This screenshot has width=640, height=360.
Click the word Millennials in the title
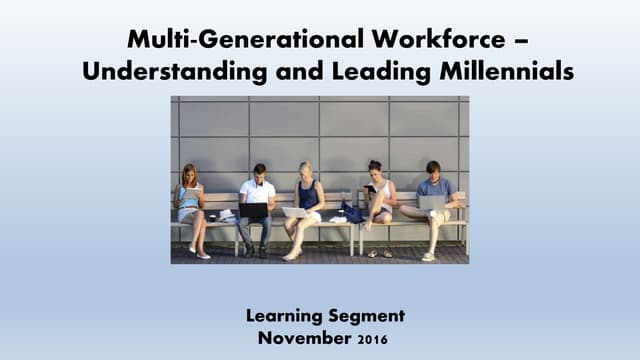[489, 73]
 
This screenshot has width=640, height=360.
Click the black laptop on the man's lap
[254, 210]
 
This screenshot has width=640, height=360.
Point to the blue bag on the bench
[351, 212]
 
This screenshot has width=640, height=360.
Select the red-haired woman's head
[189, 173]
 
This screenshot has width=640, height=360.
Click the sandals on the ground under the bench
[378, 253]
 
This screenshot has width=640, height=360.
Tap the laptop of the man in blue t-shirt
[431, 203]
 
